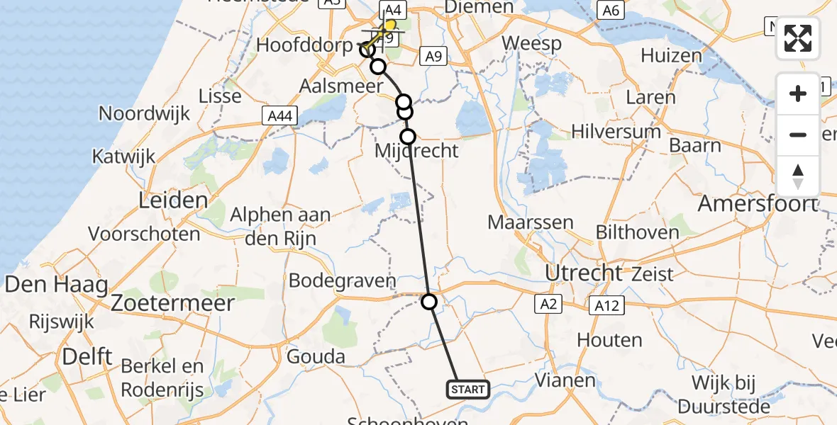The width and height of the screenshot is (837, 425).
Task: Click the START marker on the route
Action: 467,389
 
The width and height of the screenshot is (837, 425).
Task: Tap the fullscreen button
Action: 798,38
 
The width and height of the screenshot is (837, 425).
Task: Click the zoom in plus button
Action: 798,93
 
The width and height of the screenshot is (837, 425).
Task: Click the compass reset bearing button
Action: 798,176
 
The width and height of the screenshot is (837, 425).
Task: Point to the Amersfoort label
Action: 757,204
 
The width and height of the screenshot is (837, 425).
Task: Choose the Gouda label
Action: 316,356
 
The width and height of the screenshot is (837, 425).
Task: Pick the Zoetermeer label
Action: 172,303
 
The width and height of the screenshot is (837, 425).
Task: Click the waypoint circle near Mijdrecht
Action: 408,136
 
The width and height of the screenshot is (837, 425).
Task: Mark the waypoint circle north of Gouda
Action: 429,302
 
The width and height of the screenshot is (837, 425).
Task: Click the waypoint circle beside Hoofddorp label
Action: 367,50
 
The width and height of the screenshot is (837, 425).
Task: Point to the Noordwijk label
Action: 145,113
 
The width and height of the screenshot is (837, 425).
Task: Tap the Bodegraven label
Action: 342,280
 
